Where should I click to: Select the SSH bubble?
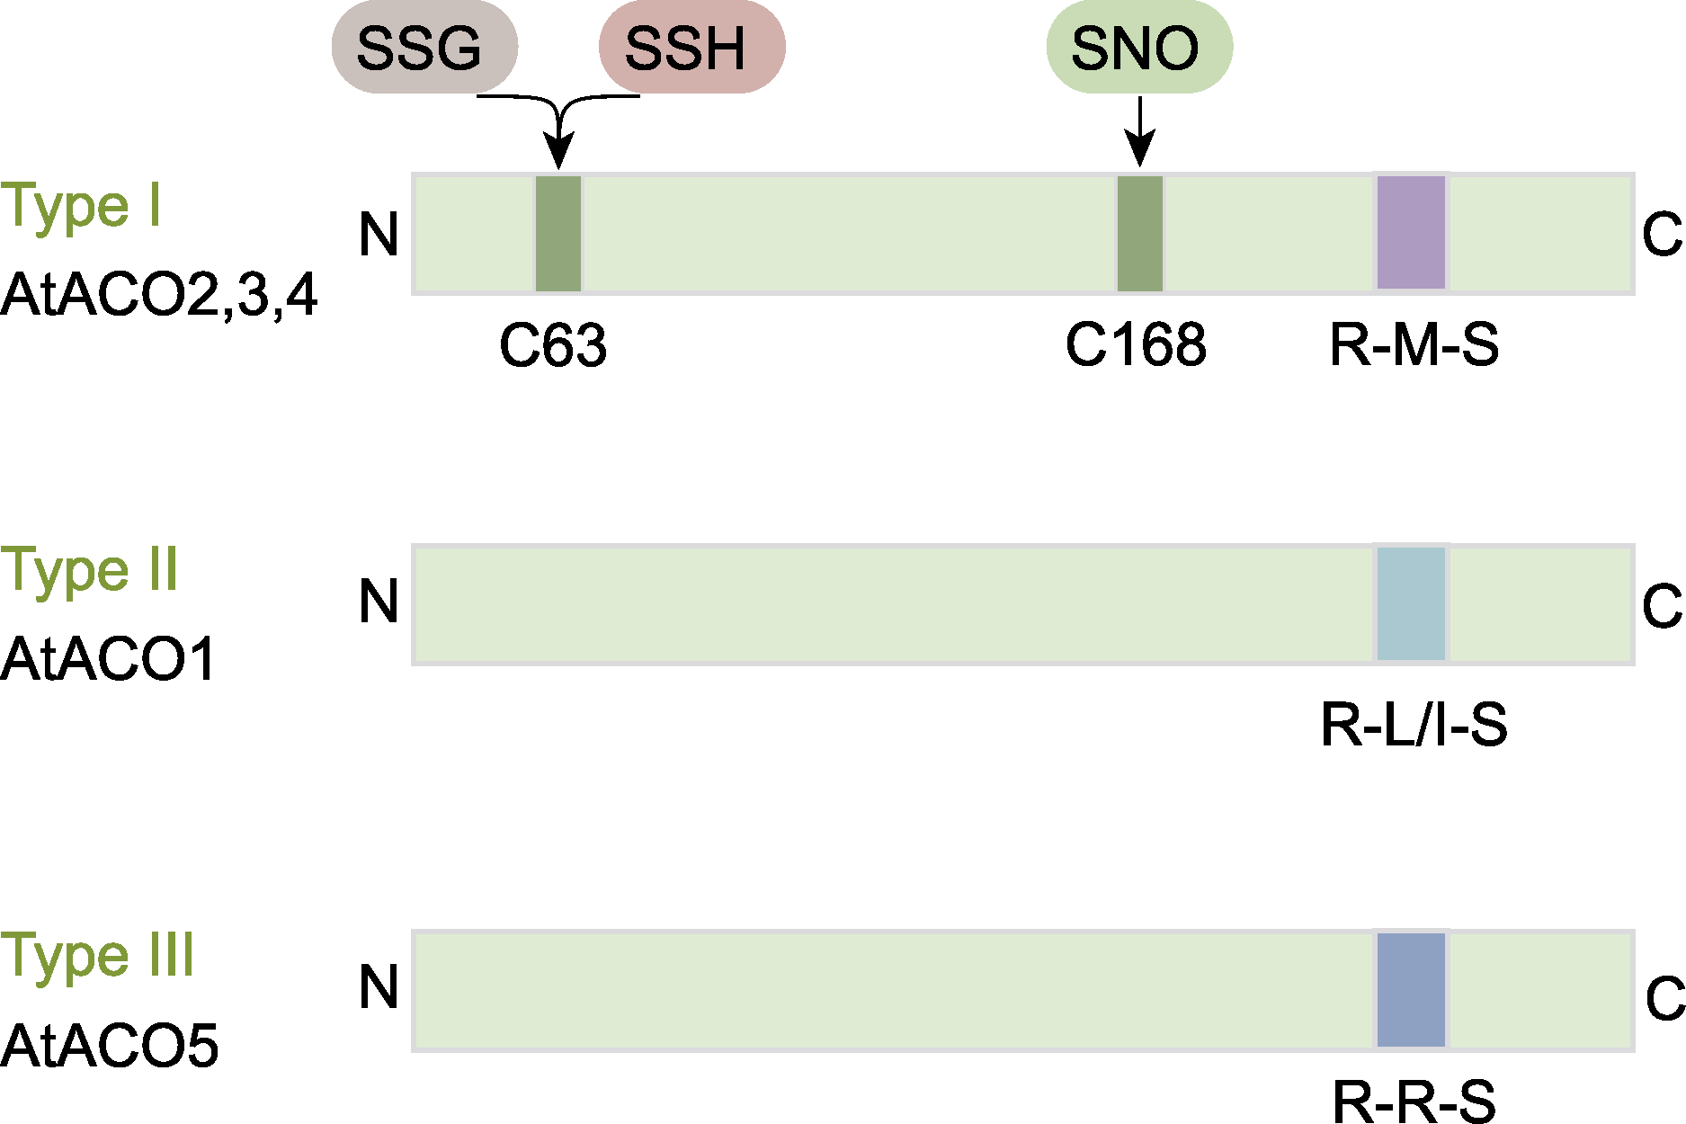click(691, 47)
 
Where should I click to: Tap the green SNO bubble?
click(1139, 47)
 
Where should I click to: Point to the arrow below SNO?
click(1140, 130)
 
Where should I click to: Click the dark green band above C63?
click(558, 234)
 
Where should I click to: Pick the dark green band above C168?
click(1140, 234)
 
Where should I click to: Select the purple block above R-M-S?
click(1412, 233)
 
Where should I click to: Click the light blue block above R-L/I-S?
click(1412, 603)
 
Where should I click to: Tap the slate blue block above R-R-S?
click(1412, 990)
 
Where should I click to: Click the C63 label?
click(553, 345)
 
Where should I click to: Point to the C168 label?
click(1136, 344)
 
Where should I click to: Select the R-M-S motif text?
click(1414, 344)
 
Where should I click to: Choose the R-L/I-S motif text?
click(1414, 725)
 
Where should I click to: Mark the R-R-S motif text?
click(1414, 1101)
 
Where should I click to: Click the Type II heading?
click(90, 570)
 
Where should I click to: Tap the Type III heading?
click(97, 955)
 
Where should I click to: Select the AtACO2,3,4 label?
click(159, 295)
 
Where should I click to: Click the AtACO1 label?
click(109, 660)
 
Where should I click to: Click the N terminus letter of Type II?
click(379, 602)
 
